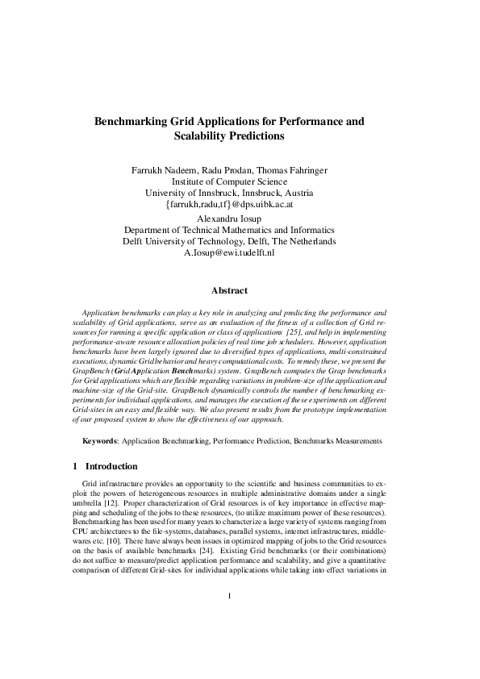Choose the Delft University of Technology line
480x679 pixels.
pos(229,241)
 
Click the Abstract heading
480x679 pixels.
pos(229,290)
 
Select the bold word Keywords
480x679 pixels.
pos(102,441)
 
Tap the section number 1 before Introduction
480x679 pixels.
pos(75,466)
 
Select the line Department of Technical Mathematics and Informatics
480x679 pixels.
pos(229,229)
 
